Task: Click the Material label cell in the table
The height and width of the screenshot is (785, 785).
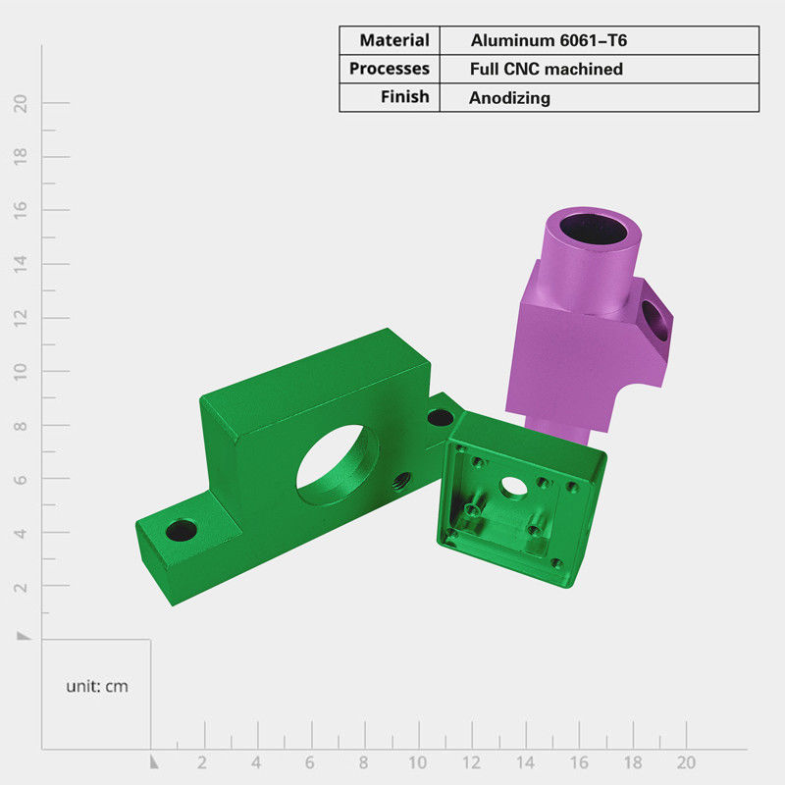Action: pyautogui.click(x=394, y=40)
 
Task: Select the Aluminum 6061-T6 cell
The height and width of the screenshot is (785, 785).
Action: pyautogui.click(x=549, y=40)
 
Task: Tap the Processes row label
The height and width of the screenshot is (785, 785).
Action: pyautogui.click(x=389, y=68)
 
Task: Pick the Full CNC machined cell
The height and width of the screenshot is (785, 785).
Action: pyautogui.click(x=547, y=69)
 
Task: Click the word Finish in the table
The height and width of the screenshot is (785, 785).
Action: pyautogui.click(x=404, y=96)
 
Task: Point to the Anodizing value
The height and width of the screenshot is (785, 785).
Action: pyautogui.click(x=509, y=97)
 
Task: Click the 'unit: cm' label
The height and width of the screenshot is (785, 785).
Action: pyautogui.click(x=97, y=686)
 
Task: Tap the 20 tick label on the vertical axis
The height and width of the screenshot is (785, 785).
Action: pyautogui.click(x=21, y=104)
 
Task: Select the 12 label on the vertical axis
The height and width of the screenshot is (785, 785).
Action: pyautogui.click(x=21, y=318)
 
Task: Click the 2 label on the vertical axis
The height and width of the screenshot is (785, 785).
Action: pyautogui.click(x=21, y=587)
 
